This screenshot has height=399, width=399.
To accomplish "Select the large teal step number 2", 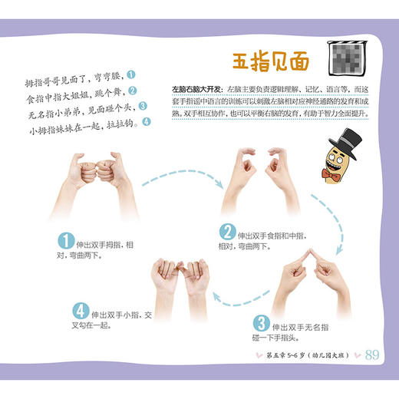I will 226,232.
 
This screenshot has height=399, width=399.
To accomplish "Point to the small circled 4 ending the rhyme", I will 147,121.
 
